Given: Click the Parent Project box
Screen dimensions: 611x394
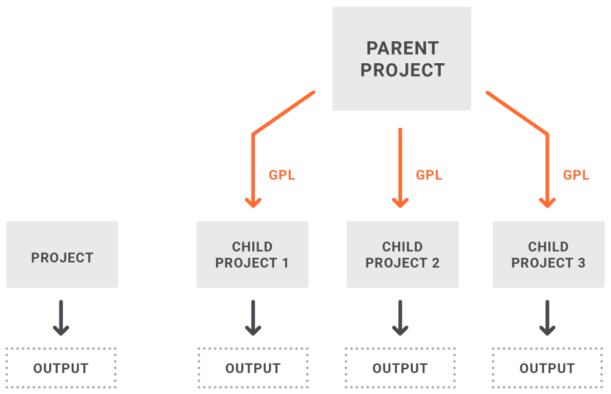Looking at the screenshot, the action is point(401,58).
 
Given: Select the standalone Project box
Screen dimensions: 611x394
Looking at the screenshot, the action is point(63,254).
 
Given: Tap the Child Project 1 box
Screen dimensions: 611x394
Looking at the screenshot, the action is point(252,254).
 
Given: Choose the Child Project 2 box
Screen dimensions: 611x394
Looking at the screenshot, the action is point(402,254).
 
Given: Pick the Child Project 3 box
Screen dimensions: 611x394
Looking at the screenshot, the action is point(548,254).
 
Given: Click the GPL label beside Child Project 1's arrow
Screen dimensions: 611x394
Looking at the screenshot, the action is point(282,175).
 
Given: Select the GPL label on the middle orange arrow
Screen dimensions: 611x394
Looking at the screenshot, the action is point(429,175).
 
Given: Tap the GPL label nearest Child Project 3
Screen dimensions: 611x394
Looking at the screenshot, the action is point(576,175).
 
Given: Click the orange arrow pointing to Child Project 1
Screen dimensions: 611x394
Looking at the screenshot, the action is point(253,140).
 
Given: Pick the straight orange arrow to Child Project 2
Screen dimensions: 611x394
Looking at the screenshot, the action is point(400,168).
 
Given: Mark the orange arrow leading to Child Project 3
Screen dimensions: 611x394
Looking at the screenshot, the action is point(547,140).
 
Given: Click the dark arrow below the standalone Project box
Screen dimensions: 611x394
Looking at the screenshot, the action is point(61,317).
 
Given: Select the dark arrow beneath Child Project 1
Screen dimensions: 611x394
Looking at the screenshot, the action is point(253,317).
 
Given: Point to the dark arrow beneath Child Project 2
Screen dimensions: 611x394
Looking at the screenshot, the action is point(400,317).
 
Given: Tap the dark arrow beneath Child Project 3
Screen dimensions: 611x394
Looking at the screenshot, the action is point(547,317).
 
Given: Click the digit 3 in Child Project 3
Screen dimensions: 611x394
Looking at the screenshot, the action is point(581,263).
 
